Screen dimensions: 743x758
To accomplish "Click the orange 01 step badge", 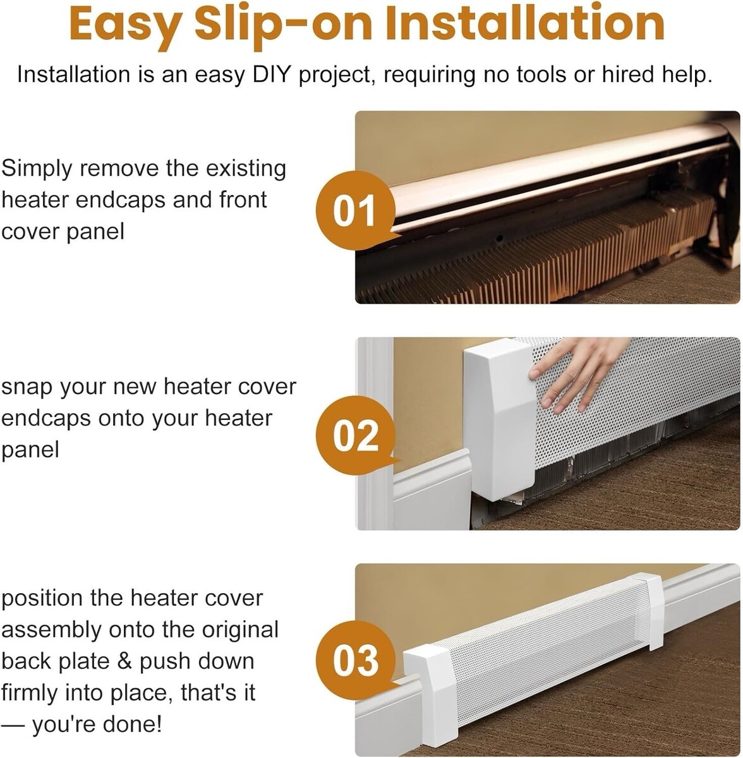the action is pos(356,210).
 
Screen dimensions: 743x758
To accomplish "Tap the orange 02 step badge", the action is pos(356,435).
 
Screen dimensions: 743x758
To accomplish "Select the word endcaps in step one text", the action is pos(121,200).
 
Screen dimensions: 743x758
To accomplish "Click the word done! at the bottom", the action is pos(136,724).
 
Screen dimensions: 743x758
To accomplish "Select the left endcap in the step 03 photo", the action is pos(432,697).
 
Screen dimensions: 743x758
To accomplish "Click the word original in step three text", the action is pos(240,630).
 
